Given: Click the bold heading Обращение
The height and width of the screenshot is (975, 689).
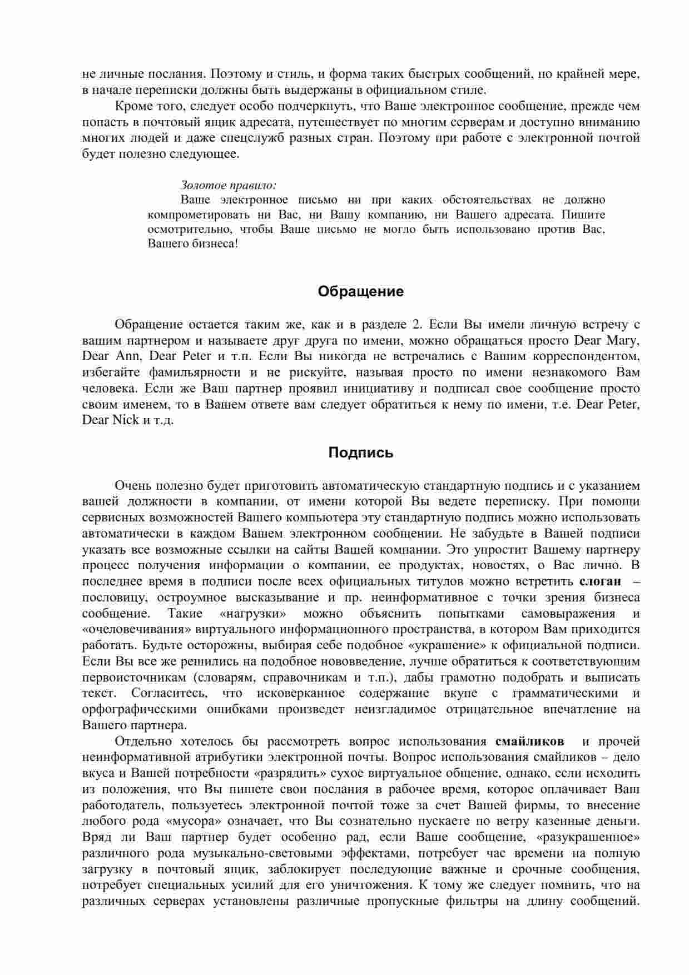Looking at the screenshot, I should click(x=360, y=292).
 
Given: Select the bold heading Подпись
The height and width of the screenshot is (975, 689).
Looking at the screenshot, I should click(x=360, y=453).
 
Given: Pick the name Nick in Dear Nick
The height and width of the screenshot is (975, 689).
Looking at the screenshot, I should click(x=126, y=420).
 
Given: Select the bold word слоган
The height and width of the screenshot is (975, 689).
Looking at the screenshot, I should click(x=600, y=582).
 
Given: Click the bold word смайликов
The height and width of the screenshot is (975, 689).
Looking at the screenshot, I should click(x=529, y=742).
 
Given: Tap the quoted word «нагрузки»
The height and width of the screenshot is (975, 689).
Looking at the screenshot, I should click(x=253, y=614).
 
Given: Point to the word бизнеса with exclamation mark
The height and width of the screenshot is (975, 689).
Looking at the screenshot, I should click(x=215, y=245).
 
